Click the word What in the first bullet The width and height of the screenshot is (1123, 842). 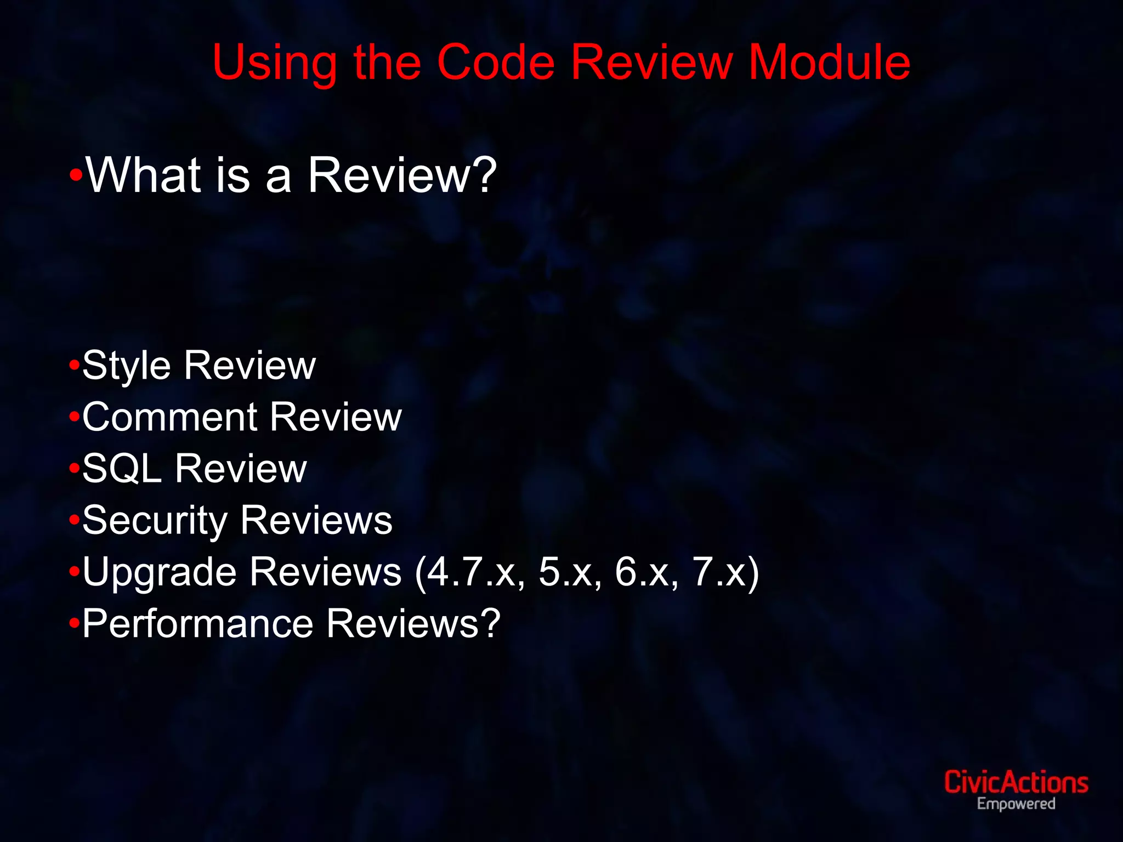click(x=144, y=175)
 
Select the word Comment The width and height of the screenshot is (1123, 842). click(x=169, y=417)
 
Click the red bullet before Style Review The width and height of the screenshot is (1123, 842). click(x=75, y=365)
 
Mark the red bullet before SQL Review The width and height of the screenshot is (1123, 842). click(x=75, y=469)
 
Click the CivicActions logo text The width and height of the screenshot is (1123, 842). click(x=1016, y=782)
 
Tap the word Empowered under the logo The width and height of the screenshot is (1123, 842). click(x=1016, y=804)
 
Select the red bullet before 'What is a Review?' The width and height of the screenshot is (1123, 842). click(x=76, y=175)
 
